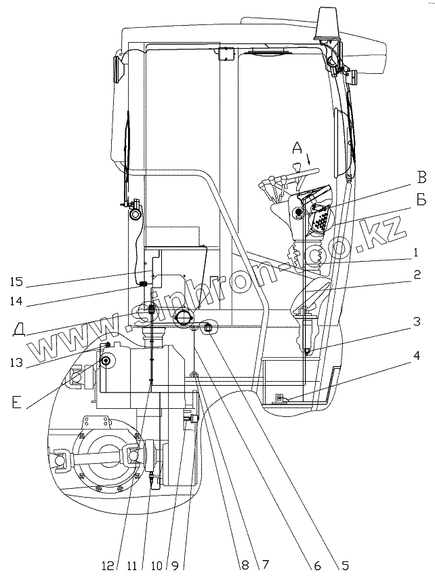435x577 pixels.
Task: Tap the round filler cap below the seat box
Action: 184,317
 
